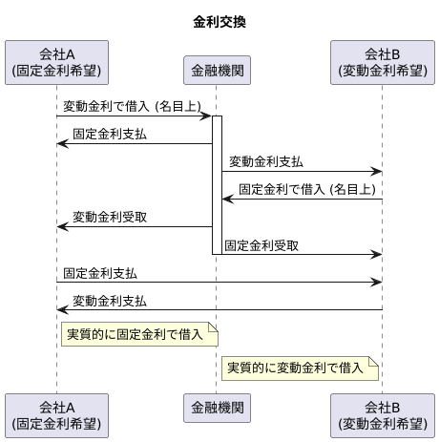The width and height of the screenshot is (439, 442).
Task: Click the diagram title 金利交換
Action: tap(219, 22)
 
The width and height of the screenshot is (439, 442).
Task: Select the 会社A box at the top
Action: tap(56, 61)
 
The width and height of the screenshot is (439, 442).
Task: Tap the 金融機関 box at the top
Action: tap(216, 70)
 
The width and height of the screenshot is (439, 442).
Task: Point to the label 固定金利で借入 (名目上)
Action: tap(305, 189)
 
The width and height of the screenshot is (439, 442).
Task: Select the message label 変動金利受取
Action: tap(110, 217)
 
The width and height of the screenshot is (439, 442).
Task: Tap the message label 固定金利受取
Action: tap(261, 245)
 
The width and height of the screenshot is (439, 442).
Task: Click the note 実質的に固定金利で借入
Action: tap(138, 333)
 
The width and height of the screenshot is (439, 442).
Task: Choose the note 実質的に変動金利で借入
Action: tap(300, 368)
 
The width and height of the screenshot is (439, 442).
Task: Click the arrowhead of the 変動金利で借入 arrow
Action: tap(206, 116)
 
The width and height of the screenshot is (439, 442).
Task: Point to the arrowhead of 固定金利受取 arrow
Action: tap(377, 255)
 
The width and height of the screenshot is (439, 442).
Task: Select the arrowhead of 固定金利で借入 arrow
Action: tap(227, 200)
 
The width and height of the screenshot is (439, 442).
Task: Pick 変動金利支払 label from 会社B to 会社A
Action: tap(110, 300)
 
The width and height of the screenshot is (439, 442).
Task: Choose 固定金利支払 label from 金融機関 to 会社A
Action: tap(110, 134)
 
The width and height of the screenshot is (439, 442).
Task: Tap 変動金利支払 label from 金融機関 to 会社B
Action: tap(266, 161)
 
